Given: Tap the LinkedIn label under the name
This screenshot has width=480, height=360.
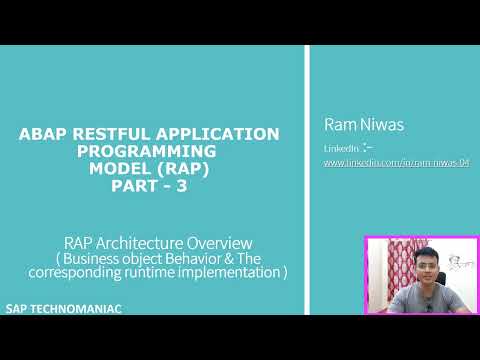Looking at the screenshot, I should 340,148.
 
